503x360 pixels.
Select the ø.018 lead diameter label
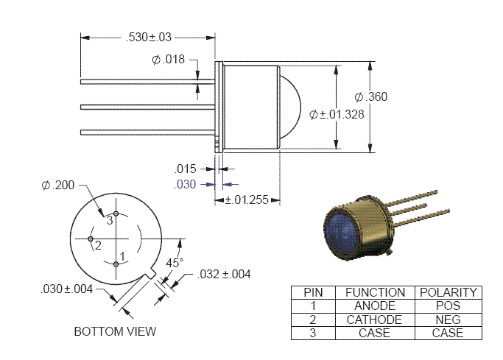tap(169, 60)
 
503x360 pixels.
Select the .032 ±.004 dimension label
tap(224, 275)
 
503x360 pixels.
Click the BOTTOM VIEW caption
tap(115, 331)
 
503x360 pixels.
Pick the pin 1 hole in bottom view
tap(116, 264)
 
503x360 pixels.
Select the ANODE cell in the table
tap(375, 306)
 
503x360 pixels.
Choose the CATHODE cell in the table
tap(375, 320)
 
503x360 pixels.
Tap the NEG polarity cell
tap(447, 320)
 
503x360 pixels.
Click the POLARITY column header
tap(447, 292)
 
